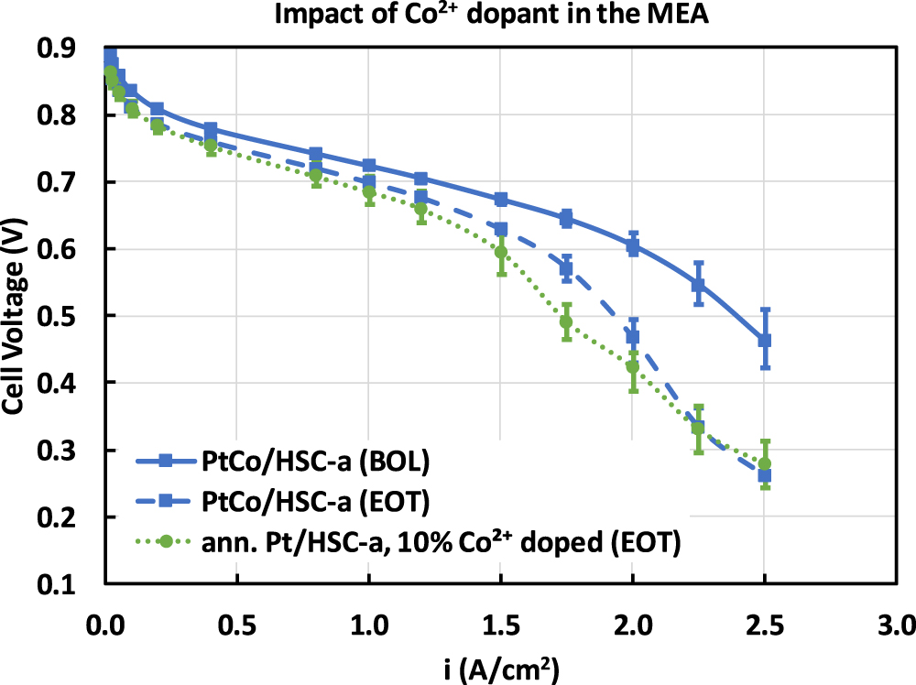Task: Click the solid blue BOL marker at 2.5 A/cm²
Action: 765,340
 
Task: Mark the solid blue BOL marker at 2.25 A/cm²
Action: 698,285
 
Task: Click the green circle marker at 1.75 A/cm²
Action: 566,321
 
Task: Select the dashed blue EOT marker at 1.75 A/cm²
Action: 566,268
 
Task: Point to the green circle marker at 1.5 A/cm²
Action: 501,252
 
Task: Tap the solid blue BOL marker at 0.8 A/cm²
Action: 316,154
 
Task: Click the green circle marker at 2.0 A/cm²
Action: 632,366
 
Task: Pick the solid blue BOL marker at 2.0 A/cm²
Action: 632,245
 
